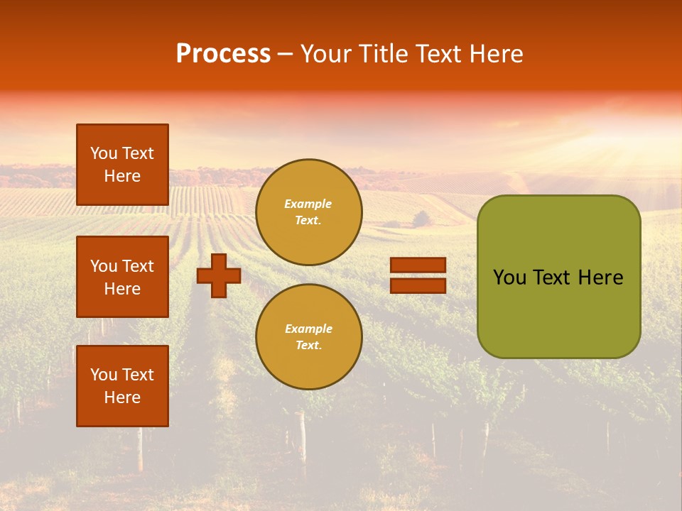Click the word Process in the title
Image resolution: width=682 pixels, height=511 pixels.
click(223, 54)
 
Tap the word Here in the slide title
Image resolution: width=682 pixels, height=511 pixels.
click(494, 54)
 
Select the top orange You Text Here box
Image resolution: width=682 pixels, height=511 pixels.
click(122, 165)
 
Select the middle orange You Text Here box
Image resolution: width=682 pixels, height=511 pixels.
click(122, 277)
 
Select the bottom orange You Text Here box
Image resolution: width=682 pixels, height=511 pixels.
click(122, 386)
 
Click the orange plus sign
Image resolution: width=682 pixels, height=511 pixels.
click(219, 275)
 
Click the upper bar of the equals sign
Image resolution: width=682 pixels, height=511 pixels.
click(418, 265)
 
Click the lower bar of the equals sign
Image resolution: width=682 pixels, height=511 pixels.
click(418, 285)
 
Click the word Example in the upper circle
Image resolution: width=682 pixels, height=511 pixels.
click(308, 204)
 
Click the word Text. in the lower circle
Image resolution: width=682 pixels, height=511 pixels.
click(308, 345)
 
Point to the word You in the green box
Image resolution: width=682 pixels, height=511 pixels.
click(509, 278)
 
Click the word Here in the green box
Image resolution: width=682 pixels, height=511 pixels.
click(600, 278)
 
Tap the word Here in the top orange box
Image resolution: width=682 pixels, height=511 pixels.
click(122, 176)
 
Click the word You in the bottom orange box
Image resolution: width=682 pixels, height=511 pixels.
click(104, 375)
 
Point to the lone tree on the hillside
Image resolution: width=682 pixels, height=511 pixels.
click(421, 218)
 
